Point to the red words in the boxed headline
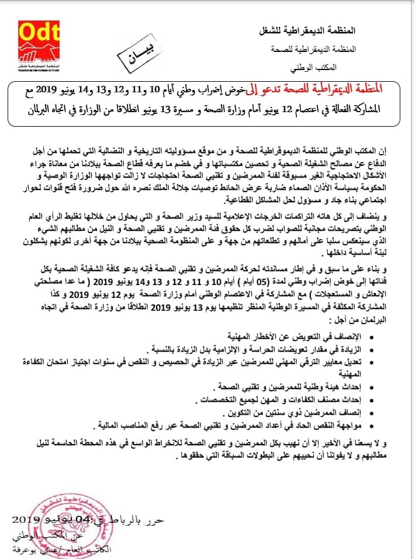pyautogui.click(x=331, y=87)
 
